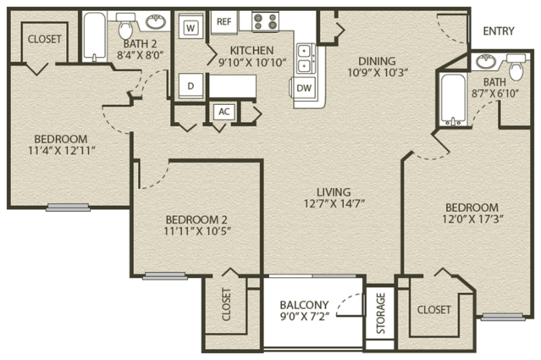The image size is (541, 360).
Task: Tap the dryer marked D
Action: coord(190,86)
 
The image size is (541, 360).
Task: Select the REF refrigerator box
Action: coord(224,22)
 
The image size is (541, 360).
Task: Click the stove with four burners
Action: coord(265,22)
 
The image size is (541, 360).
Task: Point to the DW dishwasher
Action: coord(304,88)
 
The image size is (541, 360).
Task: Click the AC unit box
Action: coord(224,112)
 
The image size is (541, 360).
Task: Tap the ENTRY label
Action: coord(499,31)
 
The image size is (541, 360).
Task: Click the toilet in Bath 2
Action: coord(125,26)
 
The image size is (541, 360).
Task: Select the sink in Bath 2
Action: coord(156,22)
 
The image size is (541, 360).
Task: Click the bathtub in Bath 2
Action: coord(95,37)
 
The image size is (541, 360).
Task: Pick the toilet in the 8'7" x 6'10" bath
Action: coord(516,67)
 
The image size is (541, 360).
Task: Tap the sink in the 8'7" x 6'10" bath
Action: coord(486,62)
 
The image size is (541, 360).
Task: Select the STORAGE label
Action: coord(381,313)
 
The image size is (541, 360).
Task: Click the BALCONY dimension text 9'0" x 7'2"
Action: coord(305,316)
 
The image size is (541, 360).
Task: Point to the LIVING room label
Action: coord(334,192)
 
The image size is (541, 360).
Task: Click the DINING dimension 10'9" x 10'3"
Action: coord(378,73)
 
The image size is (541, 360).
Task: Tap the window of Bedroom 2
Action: coord(165,276)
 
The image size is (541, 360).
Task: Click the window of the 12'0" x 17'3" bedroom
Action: coord(503,317)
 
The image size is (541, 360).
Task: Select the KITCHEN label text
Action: coord(251,50)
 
